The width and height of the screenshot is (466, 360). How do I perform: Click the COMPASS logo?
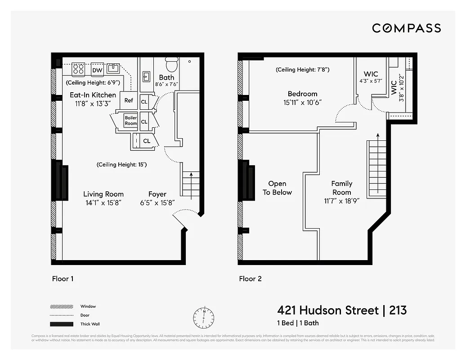pos(406,28)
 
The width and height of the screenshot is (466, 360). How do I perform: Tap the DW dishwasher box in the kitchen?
pos(97,70)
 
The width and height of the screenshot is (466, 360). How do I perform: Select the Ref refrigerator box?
pos(129,100)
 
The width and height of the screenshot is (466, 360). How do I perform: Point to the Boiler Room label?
pos(131,121)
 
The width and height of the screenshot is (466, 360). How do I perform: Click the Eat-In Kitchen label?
pos(93,95)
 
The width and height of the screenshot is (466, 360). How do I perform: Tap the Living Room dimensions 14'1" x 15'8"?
pos(103,203)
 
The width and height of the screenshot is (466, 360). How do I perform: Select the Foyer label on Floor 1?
pos(157,194)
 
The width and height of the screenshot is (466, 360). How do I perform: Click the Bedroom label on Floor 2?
pos(302,94)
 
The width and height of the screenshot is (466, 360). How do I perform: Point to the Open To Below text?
pos(277,188)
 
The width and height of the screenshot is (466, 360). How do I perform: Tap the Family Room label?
pos(342,188)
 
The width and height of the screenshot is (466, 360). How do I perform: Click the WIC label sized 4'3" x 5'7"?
pos(371,74)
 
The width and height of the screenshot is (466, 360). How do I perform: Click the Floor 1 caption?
pos(63,279)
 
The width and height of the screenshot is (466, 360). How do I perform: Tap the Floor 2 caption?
pos(250,279)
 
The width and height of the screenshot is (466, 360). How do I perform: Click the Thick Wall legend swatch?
pos(62,324)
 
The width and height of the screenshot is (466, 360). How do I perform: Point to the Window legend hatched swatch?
pos(62,306)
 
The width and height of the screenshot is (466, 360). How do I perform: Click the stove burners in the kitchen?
pos(78,69)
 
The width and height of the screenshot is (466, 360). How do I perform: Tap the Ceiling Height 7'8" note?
pos(302,70)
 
